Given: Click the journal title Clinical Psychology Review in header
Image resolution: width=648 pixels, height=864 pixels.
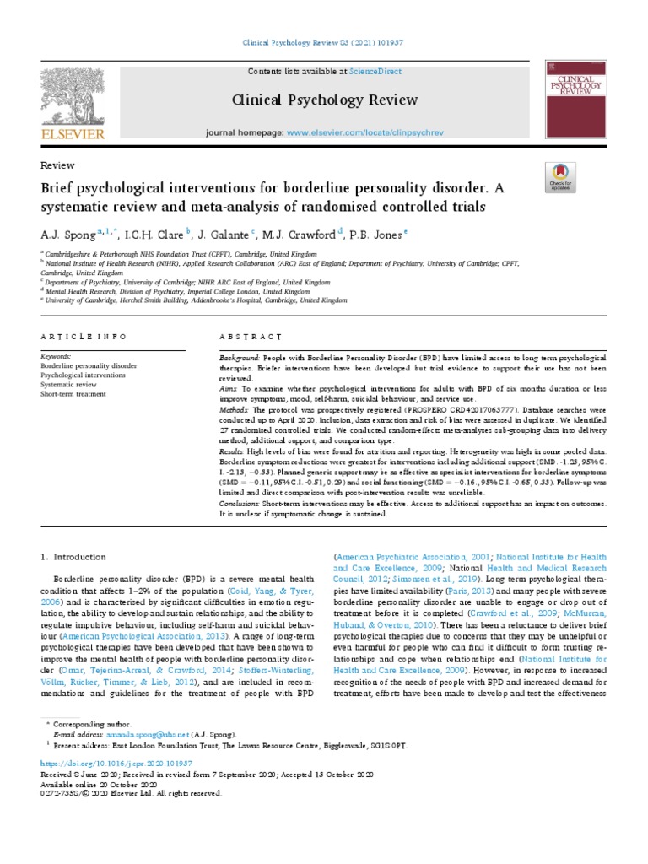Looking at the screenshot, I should (324, 100).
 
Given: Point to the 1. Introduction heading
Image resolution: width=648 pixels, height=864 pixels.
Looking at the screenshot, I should (74, 557).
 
